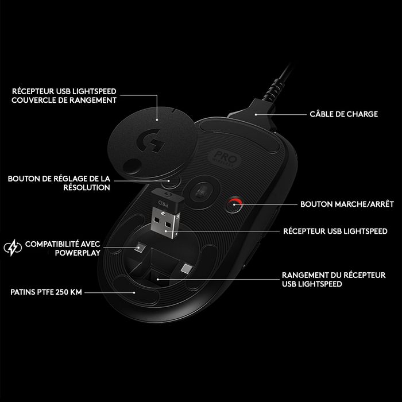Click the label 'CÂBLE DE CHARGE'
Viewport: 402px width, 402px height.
click(344, 114)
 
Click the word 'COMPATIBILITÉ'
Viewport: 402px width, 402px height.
click(50, 243)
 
